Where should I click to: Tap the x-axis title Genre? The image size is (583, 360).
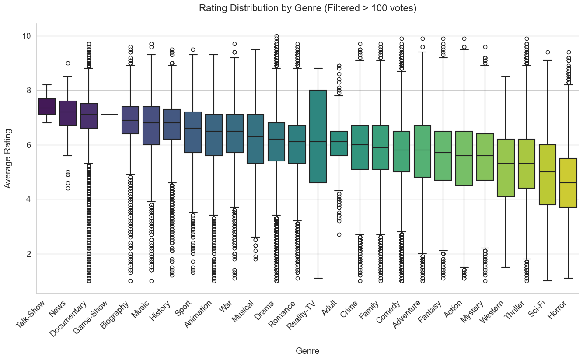307,351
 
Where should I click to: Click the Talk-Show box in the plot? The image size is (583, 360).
47,107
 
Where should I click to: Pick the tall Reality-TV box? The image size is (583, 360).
318,136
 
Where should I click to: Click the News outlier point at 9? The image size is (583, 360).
68,63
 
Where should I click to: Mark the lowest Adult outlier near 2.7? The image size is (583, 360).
339,234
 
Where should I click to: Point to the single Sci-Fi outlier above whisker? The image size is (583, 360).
547,52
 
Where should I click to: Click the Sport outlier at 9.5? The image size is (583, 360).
193,49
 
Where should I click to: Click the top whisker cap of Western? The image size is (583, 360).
506,77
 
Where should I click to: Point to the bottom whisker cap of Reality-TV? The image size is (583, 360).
318,278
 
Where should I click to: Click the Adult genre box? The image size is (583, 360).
339,143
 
